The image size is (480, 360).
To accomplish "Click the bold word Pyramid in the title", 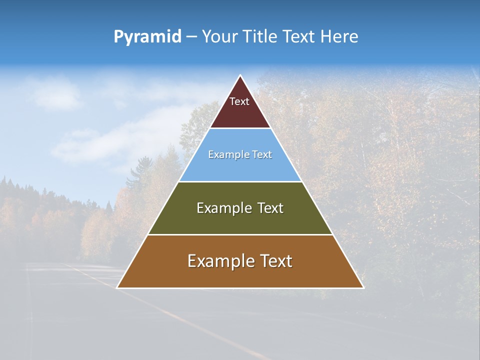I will [x=147, y=37].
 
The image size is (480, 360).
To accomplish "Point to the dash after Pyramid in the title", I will [x=191, y=37].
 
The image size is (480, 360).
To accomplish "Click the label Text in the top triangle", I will [x=239, y=101].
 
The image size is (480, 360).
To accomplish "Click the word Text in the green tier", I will [x=270, y=208].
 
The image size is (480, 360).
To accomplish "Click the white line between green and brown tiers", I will [x=240, y=234].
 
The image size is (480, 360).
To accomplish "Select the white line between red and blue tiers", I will [x=240, y=128].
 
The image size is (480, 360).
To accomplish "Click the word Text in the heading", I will [x=300, y=37].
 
